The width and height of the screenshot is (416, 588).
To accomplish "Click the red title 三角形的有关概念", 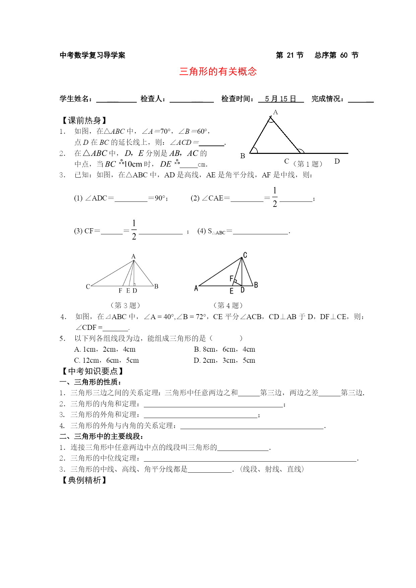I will pyautogui.click(x=218, y=71).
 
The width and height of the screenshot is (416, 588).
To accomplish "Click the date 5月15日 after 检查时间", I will pyautogui.click(x=280, y=99).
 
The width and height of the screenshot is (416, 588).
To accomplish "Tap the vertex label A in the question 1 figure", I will pyautogui.click(x=276, y=112).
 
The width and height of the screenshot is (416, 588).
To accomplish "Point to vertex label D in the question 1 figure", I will pyautogui.click(x=337, y=161).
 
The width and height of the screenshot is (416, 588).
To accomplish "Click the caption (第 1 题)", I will pyautogui.click(x=308, y=164).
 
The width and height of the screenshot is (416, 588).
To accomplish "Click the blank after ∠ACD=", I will pyautogui.click(x=212, y=143).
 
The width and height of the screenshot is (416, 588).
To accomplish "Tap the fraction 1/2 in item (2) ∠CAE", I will pyautogui.click(x=275, y=197).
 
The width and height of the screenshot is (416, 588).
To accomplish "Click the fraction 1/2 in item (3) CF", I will pyautogui.click(x=134, y=230).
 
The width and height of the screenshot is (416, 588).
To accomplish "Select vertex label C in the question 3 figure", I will pyautogui.click(x=88, y=287).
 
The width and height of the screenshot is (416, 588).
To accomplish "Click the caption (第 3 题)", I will pyautogui.click(x=125, y=305).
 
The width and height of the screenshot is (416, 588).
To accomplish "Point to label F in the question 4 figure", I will pyautogui.click(x=231, y=279).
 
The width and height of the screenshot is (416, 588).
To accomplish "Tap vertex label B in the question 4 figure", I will pyautogui.click(x=256, y=285).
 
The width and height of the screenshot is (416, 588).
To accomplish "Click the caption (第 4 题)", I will pyautogui.click(x=228, y=305).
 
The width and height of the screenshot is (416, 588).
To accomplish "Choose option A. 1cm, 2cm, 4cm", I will pyautogui.click(x=105, y=349).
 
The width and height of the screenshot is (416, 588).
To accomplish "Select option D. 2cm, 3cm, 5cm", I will pyautogui.click(x=224, y=360).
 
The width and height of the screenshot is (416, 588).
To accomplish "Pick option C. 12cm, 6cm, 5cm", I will pyautogui.click(x=106, y=360).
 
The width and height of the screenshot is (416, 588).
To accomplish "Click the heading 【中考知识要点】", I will pyautogui.click(x=93, y=371).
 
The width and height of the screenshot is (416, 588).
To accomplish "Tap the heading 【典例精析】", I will pyautogui.click(x=84, y=480).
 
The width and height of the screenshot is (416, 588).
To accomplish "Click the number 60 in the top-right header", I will pyautogui.click(x=344, y=55).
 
